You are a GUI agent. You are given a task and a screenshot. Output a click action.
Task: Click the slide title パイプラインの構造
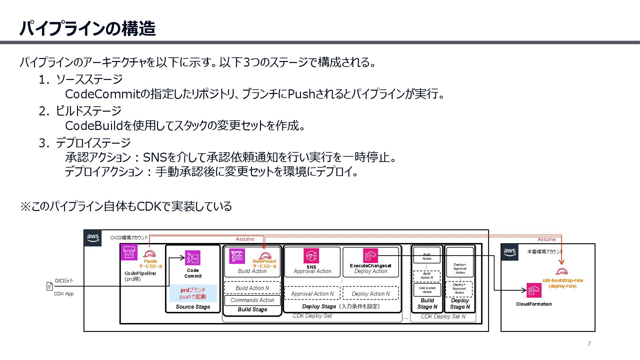click(x=87, y=28)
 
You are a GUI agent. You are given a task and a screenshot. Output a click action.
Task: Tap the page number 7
click(x=589, y=344)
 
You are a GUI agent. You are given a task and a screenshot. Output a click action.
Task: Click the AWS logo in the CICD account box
click(x=93, y=238)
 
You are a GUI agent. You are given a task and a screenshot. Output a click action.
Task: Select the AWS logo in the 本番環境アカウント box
click(x=510, y=252)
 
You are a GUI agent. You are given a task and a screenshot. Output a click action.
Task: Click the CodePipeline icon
click(x=129, y=253)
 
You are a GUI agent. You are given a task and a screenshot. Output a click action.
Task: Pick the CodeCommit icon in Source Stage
click(x=193, y=258)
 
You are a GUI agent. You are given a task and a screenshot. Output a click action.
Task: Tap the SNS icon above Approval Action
click(x=311, y=256)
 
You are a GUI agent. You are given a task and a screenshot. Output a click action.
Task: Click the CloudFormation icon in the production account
click(x=534, y=290)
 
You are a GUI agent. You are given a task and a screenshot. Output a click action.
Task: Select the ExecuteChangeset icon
click(x=370, y=256)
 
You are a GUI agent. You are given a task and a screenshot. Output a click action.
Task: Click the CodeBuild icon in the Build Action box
click(x=237, y=256)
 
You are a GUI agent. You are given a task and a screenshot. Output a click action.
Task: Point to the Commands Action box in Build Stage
click(x=252, y=300)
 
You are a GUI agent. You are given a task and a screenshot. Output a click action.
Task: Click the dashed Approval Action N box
click(x=312, y=294)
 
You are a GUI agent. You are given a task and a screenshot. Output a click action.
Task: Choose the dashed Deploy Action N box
click(x=370, y=294)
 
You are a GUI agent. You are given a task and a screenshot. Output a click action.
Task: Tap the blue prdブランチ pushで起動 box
click(x=193, y=293)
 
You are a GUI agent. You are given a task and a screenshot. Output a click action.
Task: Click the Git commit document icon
click(x=50, y=286)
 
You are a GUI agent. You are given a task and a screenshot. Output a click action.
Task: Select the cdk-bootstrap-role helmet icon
click(x=562, y=271)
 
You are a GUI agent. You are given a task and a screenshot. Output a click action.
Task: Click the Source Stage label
click(x=193, y=307)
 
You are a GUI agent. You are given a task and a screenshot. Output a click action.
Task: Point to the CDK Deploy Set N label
click(x=443, y=317)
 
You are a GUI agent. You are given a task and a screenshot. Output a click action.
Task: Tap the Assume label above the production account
click(x=546, y=239)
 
